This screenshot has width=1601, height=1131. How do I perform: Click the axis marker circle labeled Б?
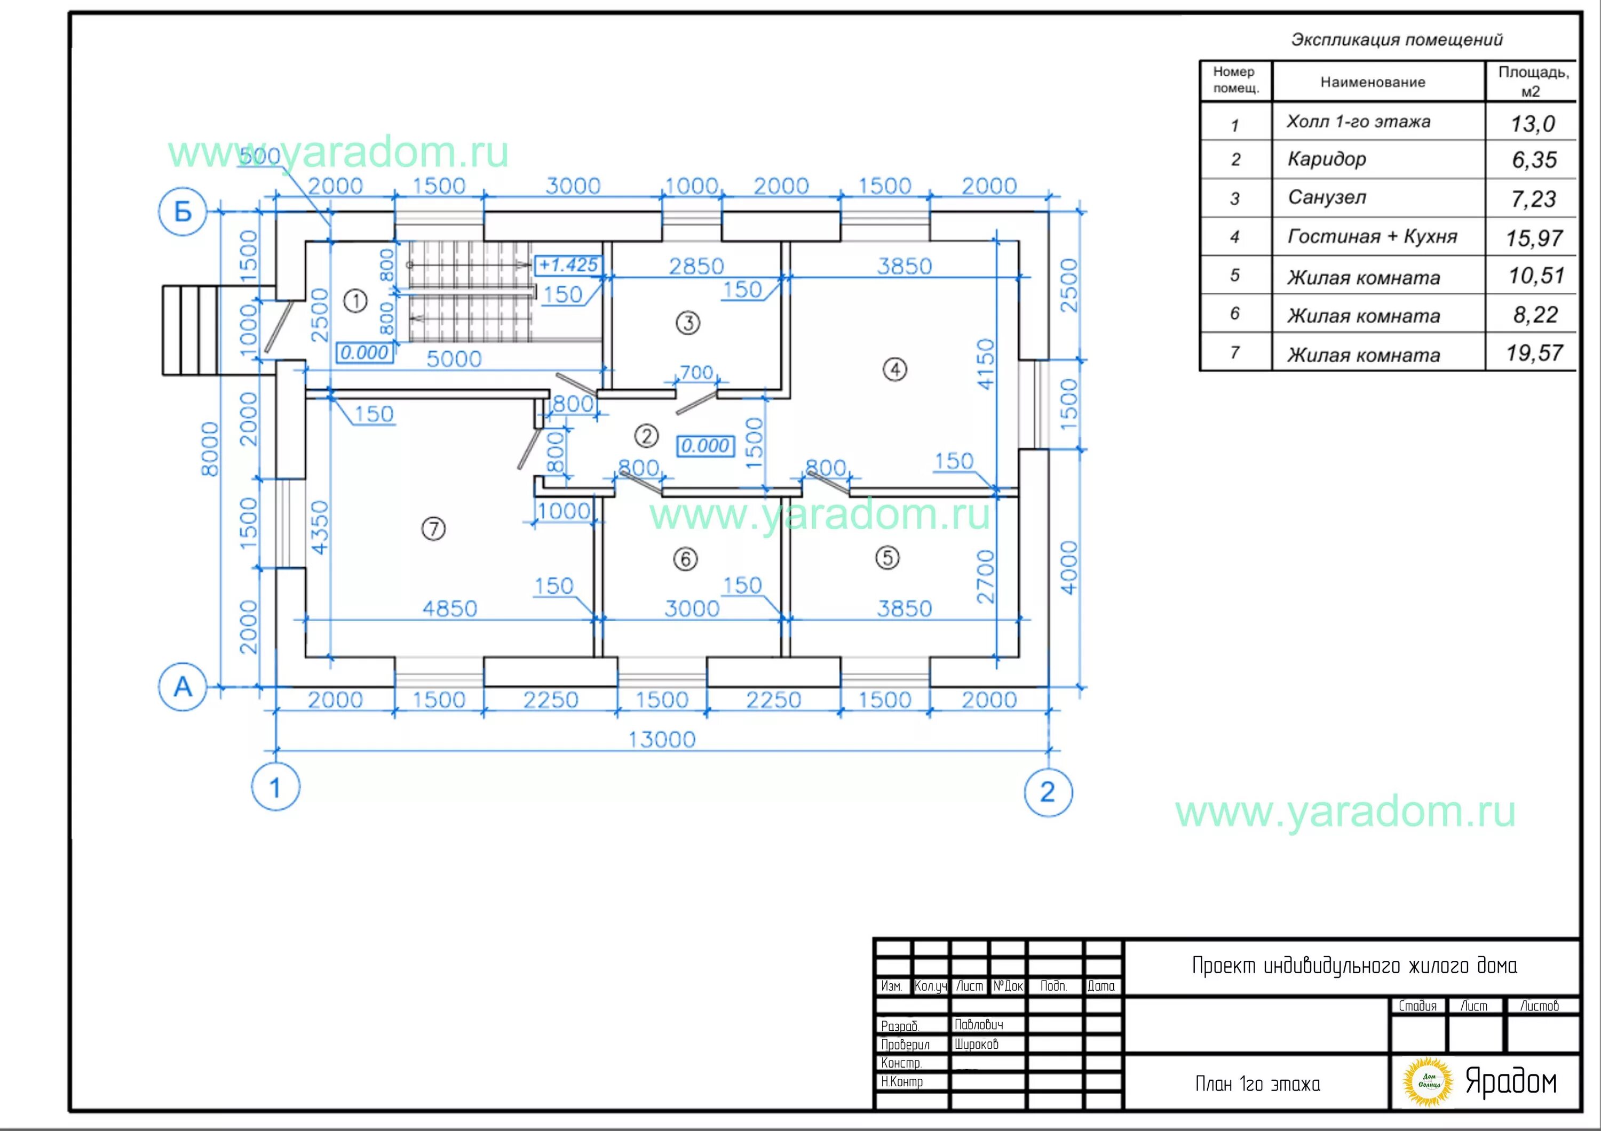pyautogui.click(x=183, y=212)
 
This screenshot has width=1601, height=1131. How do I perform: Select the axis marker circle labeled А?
pyautogui.click(x=183, y=687)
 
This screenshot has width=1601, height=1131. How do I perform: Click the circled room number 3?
pyautogui.click(x=688, y=323)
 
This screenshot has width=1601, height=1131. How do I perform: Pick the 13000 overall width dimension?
pyautogui.click(x=662, y=740)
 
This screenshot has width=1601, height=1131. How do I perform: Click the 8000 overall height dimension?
pyautogui.click(x=210, y=449)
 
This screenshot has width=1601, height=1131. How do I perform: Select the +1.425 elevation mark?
pyautogui.click(x=569, y=265)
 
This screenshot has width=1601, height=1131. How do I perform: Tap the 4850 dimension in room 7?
pyautogui.click(x=450, y=609)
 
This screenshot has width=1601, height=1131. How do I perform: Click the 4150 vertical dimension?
pyautogui.click(x=985, y=364)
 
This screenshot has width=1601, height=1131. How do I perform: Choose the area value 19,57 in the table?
pyautogui.click(x=1534, y=354)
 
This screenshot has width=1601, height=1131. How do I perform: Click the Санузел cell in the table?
pyautogui.click(x=1327, y=197)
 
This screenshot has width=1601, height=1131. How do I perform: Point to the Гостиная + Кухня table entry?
pyautogui.click(x=1372, y=236)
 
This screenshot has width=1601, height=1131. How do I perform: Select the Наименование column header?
pyautogui.click(x=1372, y=82)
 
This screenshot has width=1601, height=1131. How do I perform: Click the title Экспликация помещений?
pyautogui.click(x=1397, y=39)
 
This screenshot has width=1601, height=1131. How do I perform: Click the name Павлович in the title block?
pyautogui.click(x=978, y=1024)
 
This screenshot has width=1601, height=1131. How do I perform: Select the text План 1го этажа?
pyautogui.click(x=1257, y=1084)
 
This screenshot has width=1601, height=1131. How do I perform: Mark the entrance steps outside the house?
pyautogui.click(x=191, y=330)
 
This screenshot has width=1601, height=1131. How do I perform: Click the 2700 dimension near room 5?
pyautogui.click(x=985, y=576)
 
